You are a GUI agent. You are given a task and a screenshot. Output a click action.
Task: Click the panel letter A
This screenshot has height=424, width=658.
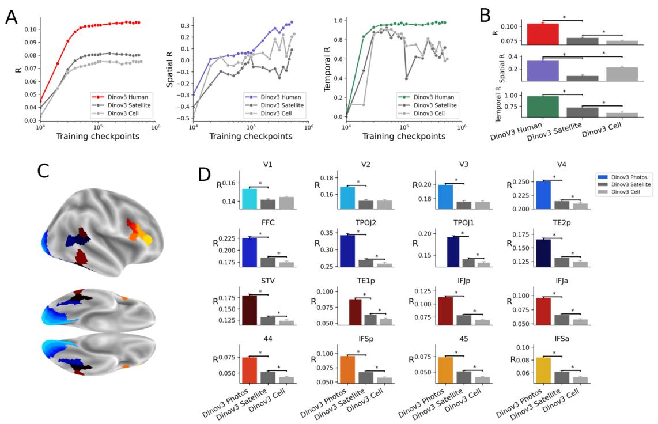(x=12, y=17)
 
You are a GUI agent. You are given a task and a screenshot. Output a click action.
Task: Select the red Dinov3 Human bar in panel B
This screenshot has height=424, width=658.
(x=543, y=34)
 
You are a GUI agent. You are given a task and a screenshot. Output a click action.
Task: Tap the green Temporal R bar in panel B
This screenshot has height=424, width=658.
(x=543, y=107)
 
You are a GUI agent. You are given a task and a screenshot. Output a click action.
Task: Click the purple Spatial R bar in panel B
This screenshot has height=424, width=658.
(x=543, y=70)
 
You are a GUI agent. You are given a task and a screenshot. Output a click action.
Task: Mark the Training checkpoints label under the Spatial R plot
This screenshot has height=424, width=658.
(x=251, y=137)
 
